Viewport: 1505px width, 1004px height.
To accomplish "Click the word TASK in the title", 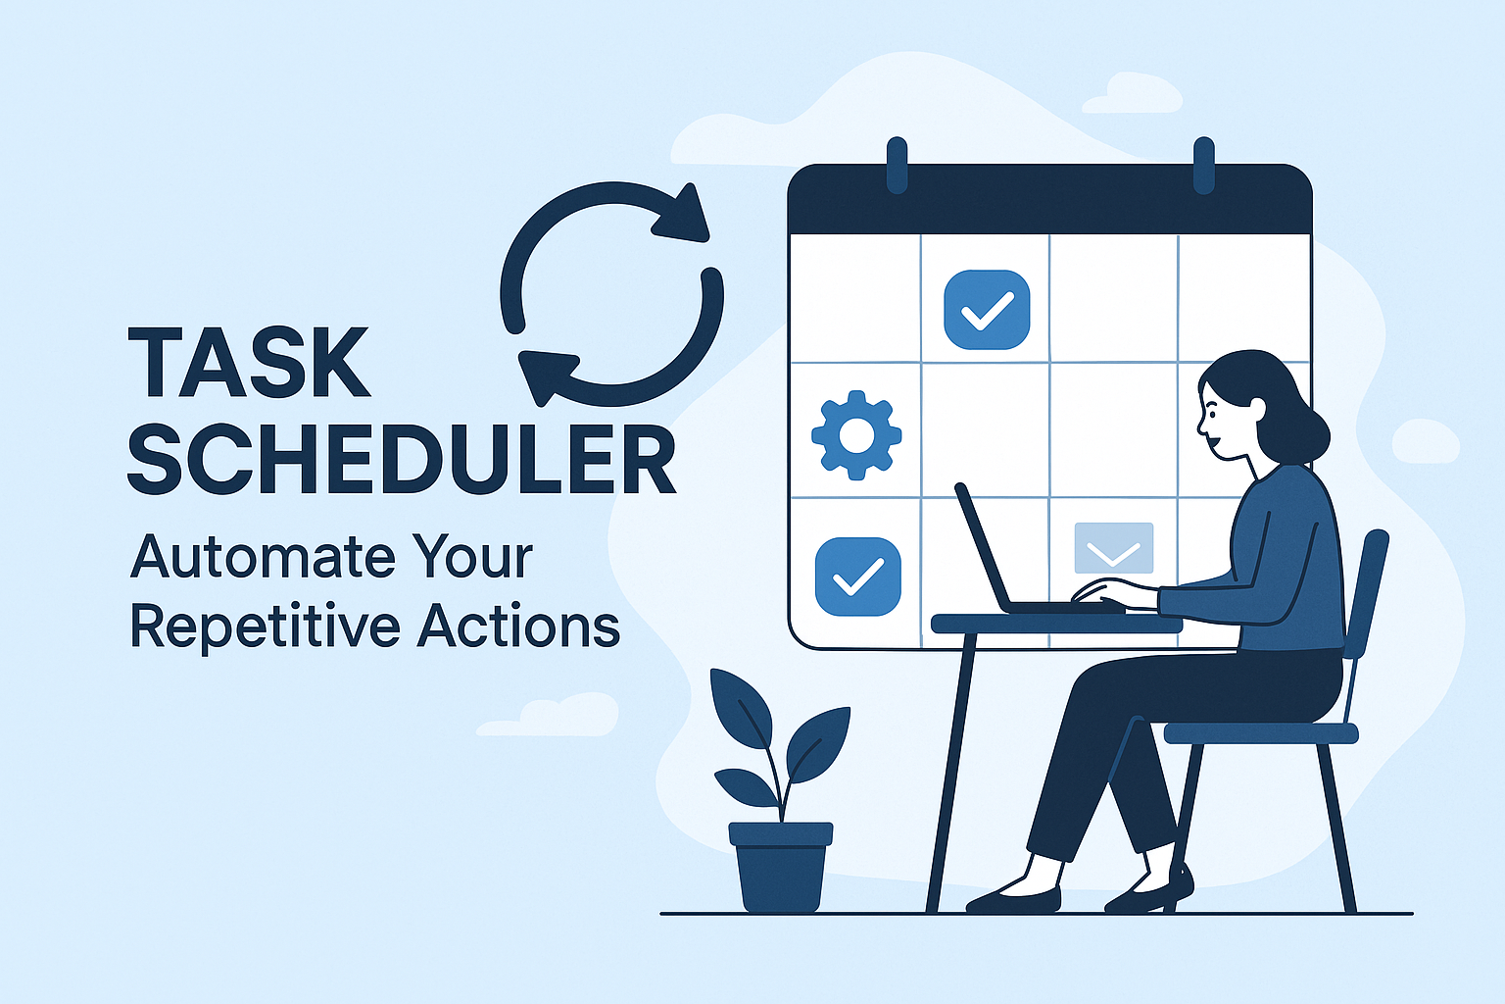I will (x=249, y=363).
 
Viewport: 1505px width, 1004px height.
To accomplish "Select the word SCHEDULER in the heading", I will (x=402, y=460).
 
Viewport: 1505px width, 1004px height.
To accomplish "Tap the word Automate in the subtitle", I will (x=262, y=557).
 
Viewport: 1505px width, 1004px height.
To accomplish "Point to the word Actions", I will (x=518, y=627).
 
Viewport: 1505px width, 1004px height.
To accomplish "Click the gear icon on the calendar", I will (x=856, y=434).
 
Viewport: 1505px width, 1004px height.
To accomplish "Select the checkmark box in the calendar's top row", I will (x=987, y=310).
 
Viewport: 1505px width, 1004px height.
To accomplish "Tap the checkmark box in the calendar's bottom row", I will (x=857, y=577).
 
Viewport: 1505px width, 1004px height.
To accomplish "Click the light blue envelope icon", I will (x=1113, y=547).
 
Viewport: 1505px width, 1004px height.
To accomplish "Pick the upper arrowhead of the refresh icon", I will (x=686, y=215).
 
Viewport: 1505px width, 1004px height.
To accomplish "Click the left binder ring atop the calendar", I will (x=897, y=164).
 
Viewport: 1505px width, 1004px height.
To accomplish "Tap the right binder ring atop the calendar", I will (x=1203, y=164).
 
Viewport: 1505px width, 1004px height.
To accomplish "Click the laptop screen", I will (x=985, y=549).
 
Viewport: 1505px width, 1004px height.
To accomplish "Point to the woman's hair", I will (x=1274, y=402).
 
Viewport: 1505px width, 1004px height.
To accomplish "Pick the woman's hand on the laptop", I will (x=1102, y=590).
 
